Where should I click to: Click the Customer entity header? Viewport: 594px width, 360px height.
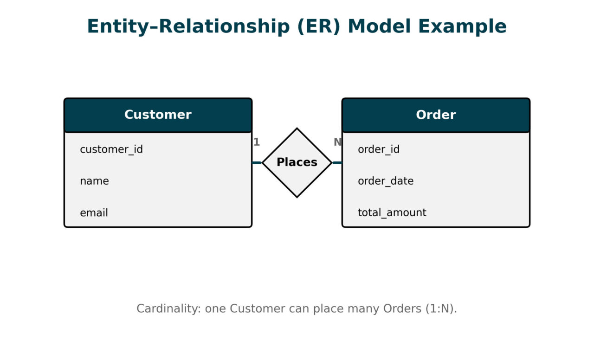[x=158, y=115]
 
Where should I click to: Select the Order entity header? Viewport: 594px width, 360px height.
[x=436, y=115]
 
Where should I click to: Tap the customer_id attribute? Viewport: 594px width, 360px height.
[x=111, y=149]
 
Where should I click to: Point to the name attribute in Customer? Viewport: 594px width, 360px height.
[x=94, y=181]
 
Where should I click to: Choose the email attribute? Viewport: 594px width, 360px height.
[x=94, y=213]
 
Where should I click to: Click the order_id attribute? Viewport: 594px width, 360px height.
[x=379, y=149]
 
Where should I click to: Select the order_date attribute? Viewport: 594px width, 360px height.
[x=386, y=181]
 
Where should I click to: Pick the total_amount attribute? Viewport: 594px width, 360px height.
[x=392, y=213]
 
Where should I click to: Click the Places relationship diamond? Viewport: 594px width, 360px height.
[x=297, y=162]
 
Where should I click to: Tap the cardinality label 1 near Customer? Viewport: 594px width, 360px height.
[x=257, y=142]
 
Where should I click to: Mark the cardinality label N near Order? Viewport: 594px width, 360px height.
[x=337, y=142]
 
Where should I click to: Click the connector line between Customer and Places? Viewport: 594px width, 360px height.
[x=257, y=163]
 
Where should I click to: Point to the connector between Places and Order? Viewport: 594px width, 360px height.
[x=337, y=163]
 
